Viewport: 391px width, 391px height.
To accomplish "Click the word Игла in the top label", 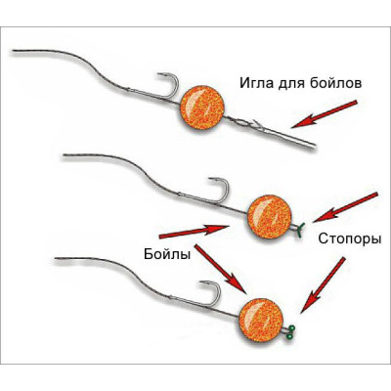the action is pyautogui.click(x=255, y=83).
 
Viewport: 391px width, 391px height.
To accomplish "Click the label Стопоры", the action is pyautogui.click(x=350, y=239).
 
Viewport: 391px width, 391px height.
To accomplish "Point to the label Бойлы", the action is pyautogui.click(x=167, y=254).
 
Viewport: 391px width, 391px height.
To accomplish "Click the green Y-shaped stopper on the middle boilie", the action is pyautogui.click(x=299, y=229).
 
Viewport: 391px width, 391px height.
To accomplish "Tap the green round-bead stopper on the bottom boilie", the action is pyautogui.click(x=289, y=333).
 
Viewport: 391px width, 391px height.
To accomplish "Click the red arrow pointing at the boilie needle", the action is pyautogui.click(x=325, y=114).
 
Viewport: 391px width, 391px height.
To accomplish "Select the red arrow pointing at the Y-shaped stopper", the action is pyautogui.click(x=345, y=207).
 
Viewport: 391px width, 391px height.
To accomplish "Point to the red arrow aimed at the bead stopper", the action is pyautogui.click(x=323, y=284).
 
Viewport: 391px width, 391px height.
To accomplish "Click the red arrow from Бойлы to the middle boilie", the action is pyautogui.click(x=194, y=231).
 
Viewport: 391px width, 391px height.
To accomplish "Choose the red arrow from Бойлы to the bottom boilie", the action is pyautogui.click(x=219, y=269).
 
